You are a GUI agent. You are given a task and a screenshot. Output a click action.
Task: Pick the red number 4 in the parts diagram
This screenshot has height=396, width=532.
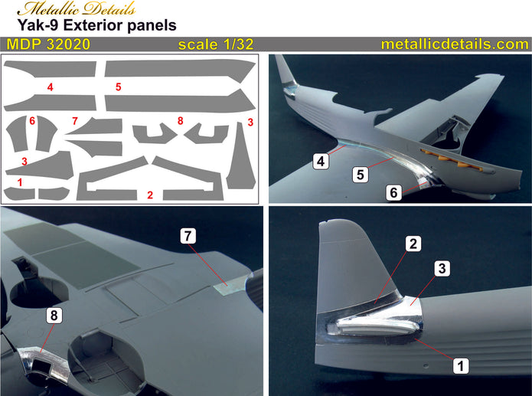tap(50, 87)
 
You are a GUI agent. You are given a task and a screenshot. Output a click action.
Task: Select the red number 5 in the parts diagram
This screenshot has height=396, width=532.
tap(119, 87)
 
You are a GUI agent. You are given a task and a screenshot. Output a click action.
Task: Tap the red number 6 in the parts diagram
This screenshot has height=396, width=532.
tap(32, 121)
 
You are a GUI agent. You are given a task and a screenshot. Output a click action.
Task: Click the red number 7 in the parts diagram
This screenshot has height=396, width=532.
tap(75, 121)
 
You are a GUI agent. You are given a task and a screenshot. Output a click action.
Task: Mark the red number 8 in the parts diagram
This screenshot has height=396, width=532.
tap(181, 121)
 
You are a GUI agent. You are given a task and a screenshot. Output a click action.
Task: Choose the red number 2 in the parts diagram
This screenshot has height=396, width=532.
tap(150, 195)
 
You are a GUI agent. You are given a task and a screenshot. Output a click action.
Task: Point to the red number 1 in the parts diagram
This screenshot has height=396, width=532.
tap(20, 182)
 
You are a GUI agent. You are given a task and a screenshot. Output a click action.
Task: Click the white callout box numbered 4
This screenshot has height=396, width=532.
tap(321, 160)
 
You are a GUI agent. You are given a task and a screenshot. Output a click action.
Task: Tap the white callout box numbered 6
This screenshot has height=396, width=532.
tap(393, 194)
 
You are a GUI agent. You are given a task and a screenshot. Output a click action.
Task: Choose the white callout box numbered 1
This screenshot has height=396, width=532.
tap(460, 366)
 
